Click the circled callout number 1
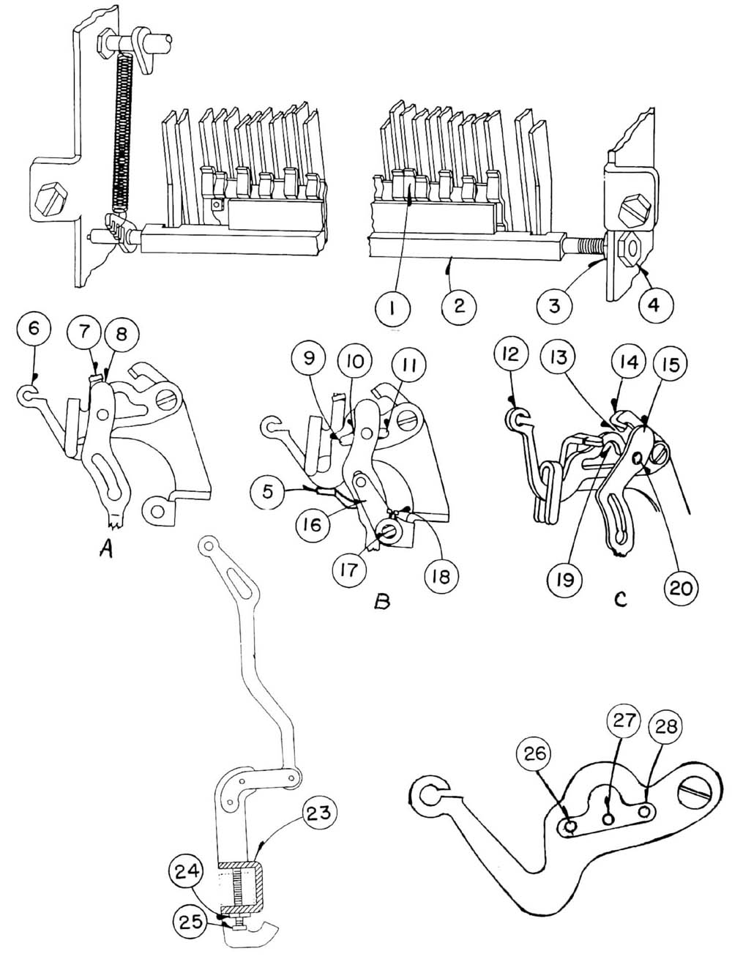pyautogui.click(x=393, y=309)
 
